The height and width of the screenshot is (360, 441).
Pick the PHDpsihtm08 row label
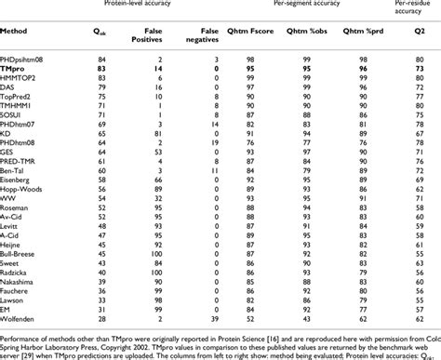[x=24, y=58]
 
